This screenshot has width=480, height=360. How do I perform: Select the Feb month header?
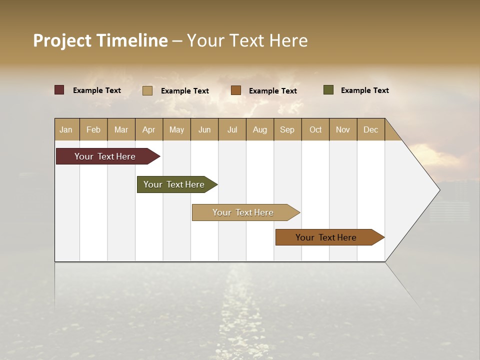coord(93,129)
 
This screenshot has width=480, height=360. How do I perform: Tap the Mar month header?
coord(121,129)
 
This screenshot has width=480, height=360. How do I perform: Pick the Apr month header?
coord(149,129)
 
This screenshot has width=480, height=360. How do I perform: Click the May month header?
coord(176,129)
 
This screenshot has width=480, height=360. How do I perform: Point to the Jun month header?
coord(204,129)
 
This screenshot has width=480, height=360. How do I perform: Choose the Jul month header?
coord(232,129)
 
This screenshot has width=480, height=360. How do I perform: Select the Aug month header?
coord(260,129)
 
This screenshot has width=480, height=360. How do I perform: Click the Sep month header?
coord(287,129)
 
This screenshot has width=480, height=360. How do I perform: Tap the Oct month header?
coord(315,129)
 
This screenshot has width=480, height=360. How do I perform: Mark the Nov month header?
coord(343,129)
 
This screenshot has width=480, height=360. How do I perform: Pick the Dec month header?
coord(371,129)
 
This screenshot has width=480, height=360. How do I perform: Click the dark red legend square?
coord(59,90)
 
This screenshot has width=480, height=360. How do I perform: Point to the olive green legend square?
coord(328,90)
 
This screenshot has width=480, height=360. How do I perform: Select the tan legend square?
coord(147,90)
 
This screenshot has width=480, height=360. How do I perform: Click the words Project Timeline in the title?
coord(100,40)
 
